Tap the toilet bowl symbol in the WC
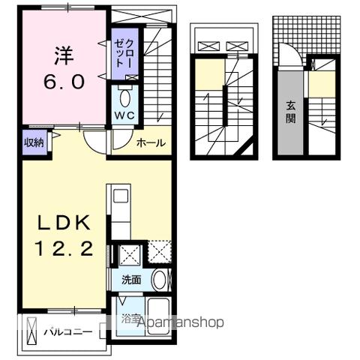coord(124,97)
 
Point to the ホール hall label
coord(151,142)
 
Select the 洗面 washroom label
coord(131,280)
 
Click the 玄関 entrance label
coord(290,112)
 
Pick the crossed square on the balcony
coord(32,331)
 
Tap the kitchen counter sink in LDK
coord(121,200)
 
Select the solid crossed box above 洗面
coord(129,253)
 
